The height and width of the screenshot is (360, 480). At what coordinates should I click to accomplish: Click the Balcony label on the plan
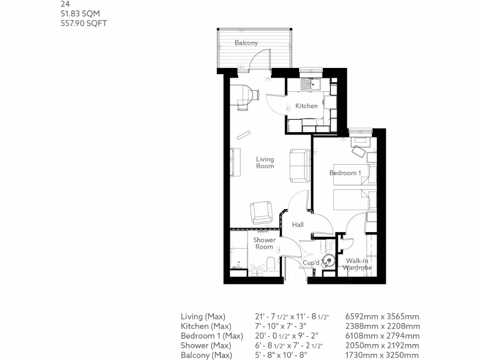point(246,43)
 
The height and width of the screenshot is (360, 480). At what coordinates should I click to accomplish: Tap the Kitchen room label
point(306,106)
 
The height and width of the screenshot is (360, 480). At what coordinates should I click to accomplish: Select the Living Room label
point(265,163)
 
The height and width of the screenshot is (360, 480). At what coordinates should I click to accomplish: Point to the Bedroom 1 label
point(345,173)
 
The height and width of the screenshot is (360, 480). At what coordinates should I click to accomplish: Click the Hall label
point(298,225)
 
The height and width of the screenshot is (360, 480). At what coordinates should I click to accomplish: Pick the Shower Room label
point(264,243)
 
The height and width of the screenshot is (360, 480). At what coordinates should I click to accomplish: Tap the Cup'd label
point(311,263)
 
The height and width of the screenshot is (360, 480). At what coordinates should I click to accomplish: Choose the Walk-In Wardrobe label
point(357,264)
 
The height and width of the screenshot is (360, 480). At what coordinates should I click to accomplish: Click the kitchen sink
point(310,85)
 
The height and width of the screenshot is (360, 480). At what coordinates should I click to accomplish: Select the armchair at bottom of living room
point(261,212)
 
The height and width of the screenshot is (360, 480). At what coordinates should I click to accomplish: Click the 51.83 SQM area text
point(81,14)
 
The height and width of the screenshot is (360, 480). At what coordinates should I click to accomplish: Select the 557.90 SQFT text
point(84,23)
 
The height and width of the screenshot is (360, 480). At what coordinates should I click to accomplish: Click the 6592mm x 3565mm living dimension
point(382,316)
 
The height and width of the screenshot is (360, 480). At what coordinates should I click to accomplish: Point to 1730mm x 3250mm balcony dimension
point(382,355)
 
